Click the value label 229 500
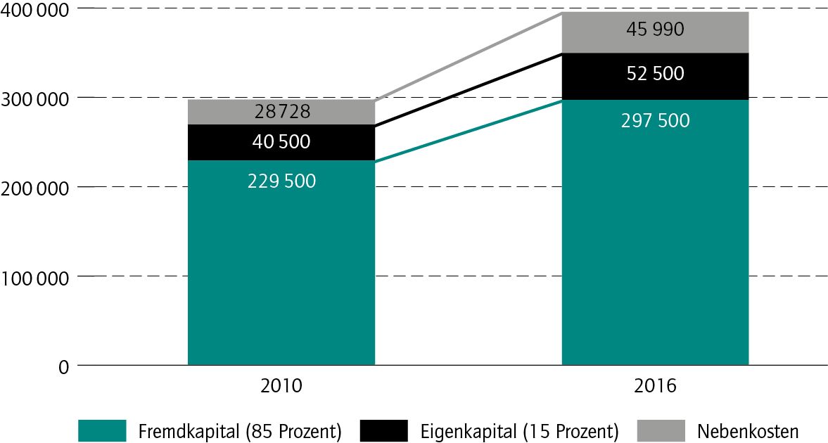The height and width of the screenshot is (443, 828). (281, 181)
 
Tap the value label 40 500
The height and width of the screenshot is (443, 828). (281, 142)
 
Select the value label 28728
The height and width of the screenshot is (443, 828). (281, 112)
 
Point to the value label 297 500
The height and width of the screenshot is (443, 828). (655, 120)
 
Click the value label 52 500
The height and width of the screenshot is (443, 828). (655, 73)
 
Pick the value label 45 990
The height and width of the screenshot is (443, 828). (655, 30)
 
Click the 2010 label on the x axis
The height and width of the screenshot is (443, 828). (281, 386)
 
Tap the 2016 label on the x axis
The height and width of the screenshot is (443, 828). (655, 386)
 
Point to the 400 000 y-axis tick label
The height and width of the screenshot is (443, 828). (35, 10)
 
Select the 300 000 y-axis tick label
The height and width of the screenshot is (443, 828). (35, 98)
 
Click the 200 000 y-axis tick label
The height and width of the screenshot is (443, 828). (35, 188)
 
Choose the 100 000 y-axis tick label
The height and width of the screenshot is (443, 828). (35, 277)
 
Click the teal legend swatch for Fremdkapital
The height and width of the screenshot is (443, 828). (102, 430)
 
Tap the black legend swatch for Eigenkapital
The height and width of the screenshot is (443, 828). (383, 430)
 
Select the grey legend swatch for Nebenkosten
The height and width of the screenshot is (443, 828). (661, 430)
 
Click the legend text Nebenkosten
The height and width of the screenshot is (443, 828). (749, 430)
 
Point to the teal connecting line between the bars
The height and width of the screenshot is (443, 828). (468, 131)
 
